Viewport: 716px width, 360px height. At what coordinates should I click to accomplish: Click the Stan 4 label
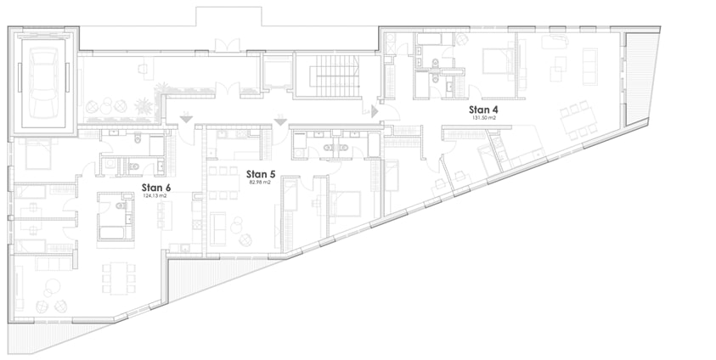coord(483,110)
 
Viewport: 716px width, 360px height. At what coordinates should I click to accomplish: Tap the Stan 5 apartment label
coord(261,174)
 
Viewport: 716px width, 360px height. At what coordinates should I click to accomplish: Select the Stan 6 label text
coord(156,188)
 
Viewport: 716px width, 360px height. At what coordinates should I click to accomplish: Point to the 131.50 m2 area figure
coord(483,118)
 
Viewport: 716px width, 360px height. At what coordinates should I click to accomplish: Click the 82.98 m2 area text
coord(260,182)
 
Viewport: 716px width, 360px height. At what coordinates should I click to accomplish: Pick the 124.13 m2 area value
coord(155,196)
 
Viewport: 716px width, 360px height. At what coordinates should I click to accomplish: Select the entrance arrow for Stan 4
coord(375,111)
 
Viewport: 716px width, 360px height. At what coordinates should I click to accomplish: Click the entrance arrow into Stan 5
coord(280,121)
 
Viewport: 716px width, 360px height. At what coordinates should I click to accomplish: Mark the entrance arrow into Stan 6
coord(186,119)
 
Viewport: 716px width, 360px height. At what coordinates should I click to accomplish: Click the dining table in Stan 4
coord(578,120)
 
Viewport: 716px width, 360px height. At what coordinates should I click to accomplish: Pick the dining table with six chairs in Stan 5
coord(223,183)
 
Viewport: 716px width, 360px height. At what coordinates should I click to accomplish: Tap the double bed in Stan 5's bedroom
coord(344,203)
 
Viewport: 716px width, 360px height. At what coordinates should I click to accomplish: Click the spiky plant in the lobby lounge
coord(144,106)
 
